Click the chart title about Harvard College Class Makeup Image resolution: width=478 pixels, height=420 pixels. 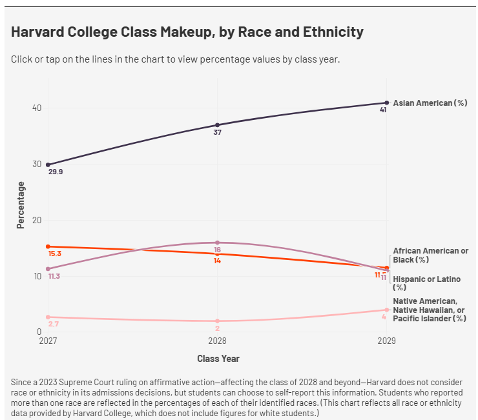pos(187,32)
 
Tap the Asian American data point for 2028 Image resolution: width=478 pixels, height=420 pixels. pos(217,125)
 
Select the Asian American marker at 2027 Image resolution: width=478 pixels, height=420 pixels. pos(48,165)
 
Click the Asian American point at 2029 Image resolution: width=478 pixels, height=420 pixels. pos(387,103)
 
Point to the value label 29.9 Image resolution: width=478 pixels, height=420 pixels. pos(56,172)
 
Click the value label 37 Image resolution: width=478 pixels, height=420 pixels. pos(217,132)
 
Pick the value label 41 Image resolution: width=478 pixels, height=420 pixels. pos(383,110)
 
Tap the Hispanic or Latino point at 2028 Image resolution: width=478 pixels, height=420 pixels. pos(217,243)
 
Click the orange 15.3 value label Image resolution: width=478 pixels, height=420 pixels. pos(55,254)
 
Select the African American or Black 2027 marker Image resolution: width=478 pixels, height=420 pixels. pos(48,246)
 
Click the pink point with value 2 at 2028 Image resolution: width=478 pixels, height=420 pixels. pos(217,321)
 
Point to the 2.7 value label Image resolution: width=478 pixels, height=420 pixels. pos(54,324)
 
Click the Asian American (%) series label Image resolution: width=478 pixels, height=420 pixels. pos(430,103)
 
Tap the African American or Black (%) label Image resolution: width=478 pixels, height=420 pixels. pos(430,255)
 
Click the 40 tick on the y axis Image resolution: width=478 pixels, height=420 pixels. pos(37,108)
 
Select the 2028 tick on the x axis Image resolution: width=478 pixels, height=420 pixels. pos(217,340)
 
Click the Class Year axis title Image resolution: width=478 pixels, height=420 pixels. pos(218,358)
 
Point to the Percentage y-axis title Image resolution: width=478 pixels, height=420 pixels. pos(21,205)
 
